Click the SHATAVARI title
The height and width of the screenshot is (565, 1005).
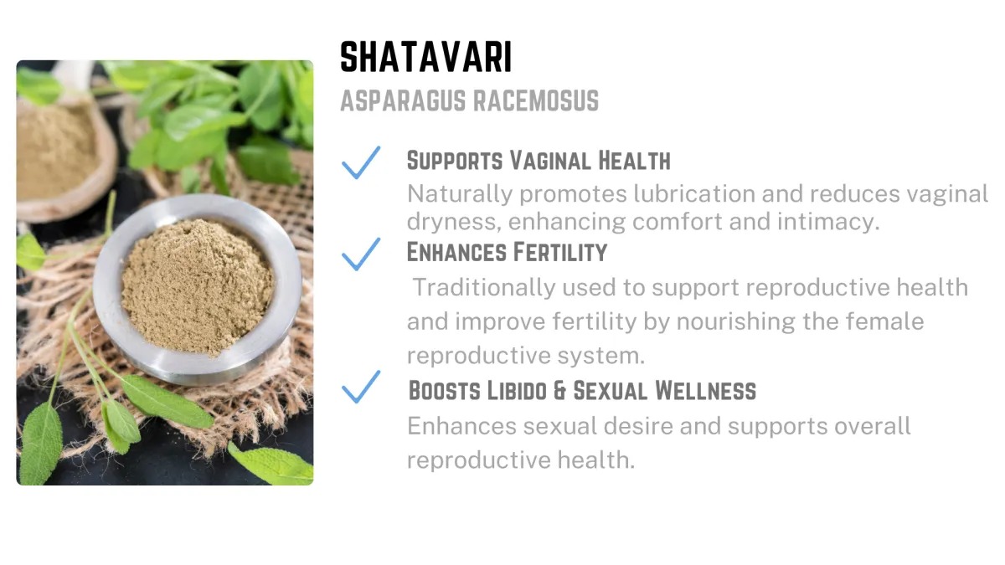tap(425, 57)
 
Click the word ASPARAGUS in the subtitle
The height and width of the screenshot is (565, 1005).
tap(403, 100)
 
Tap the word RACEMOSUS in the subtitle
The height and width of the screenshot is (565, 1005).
tap(536, 100)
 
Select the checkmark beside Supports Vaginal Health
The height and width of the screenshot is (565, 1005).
tap(361, 162)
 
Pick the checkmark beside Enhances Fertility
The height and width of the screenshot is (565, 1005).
tap(361, 254)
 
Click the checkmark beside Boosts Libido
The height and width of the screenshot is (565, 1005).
tap(361, 387)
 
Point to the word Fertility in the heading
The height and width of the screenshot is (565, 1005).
tap(560, 252)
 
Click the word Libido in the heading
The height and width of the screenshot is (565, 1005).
tap(517, 390)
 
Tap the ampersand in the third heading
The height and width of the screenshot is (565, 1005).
tap(560, 391)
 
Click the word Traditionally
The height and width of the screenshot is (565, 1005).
tap(484, 288)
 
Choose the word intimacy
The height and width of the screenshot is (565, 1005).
tap(828, 222)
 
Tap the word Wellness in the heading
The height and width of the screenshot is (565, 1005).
tap(705, 390)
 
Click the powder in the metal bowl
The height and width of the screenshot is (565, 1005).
tap(198, 287)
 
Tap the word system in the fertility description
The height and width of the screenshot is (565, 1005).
tap(601, 356)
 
